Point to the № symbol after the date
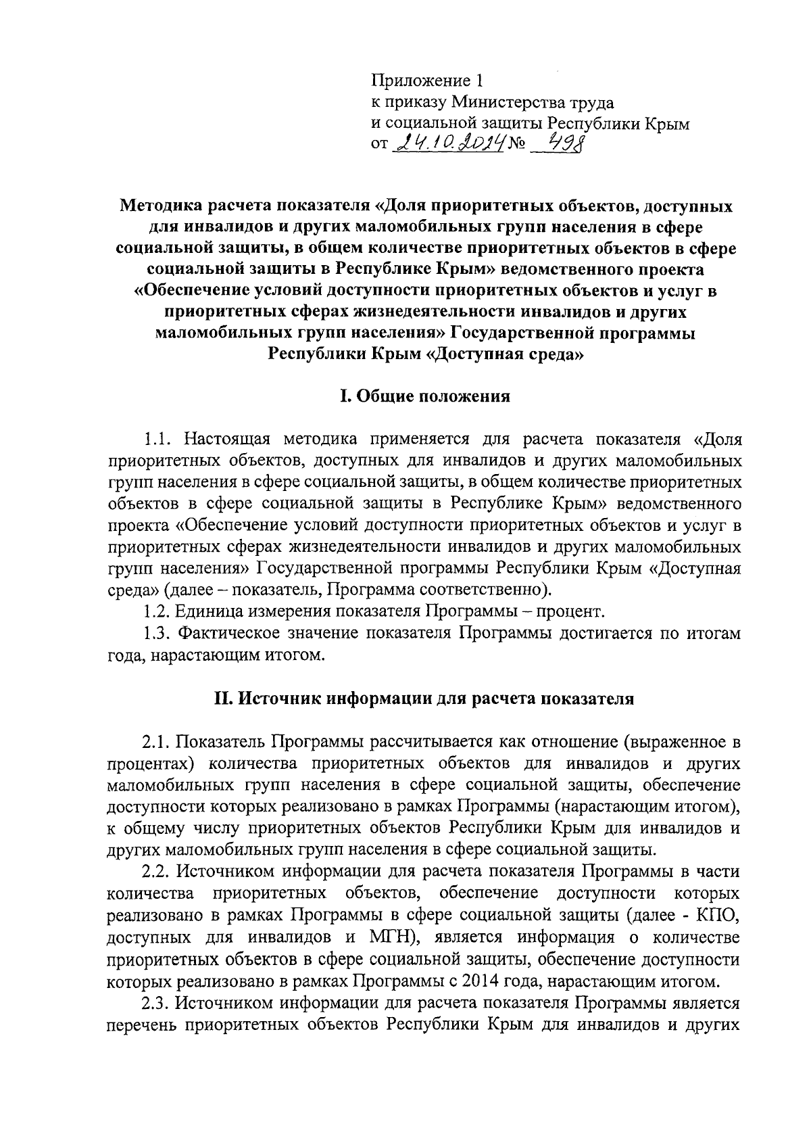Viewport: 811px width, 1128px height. point(520,144)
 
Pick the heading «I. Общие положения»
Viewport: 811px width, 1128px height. point(424,396)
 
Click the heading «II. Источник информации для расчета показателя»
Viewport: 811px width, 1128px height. point(424,699)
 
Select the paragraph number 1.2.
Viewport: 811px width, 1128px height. point(157,612)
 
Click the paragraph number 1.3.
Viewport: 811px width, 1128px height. point(157,634)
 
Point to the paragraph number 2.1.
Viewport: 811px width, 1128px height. point(157,742)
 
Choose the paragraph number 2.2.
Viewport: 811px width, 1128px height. point(157,872)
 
